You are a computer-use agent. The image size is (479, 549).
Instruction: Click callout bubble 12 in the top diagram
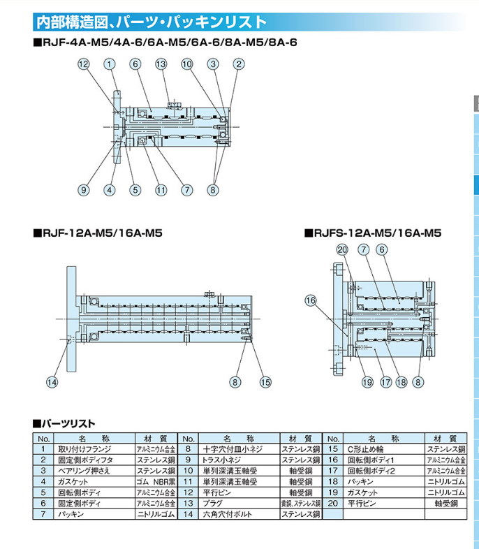tap(84, 64)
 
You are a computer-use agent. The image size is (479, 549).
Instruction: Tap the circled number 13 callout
tap(161, 64)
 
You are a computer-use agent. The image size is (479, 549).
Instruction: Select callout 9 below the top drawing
tap(84, 189)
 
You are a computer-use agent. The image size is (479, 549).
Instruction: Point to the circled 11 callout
tap(161, 189)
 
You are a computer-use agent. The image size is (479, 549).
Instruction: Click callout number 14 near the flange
tap(52, 381)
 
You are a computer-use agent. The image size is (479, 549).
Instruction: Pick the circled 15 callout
tap(265, 381)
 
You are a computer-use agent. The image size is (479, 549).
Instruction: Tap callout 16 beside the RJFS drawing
tap(310, 300)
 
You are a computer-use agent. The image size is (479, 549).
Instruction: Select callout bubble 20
tap(342, 249)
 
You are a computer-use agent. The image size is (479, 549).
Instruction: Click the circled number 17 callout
tap(385, 381)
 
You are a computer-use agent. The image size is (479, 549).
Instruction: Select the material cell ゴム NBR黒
tap(155, 482)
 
